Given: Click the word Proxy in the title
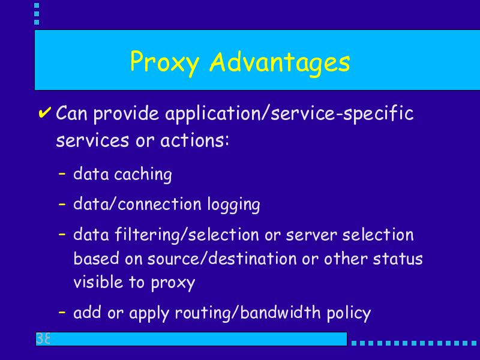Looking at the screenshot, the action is click(x=164, y=63).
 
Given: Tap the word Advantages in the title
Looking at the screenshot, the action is click(x=280, y=63).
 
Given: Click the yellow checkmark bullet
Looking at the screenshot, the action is click(x=44, y=112).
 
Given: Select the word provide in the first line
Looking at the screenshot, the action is click(x=126, y=114).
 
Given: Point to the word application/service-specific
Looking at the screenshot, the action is click(x=290, y=114).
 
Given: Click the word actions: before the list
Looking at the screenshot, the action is click(x=194, y=141).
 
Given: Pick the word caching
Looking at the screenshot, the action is click(x=143, y=175).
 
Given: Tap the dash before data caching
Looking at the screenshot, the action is click(x=62, y=173).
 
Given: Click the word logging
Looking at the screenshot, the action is click(x=233, y=205).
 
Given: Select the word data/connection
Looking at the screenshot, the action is click(x=137, y=203).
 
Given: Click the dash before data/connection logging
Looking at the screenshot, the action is click(x=62, y=204).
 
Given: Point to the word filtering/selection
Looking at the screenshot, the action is click(x=187, y=235).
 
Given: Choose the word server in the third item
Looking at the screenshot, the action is click(x=311, y=236).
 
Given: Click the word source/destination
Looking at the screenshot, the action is click(x=221, y=259).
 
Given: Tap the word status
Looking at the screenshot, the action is click(x=397, y=259).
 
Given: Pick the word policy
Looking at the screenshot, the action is click(x=349, y=313).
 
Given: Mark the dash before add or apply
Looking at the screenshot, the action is click(x=62, y=313).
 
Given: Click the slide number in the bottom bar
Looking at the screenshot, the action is click(x=43, y=338).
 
